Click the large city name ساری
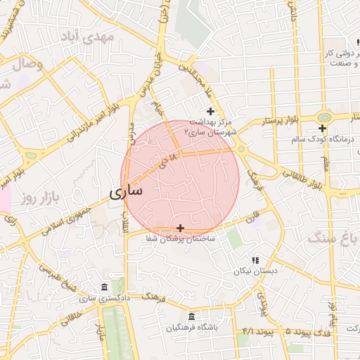coord(126,191)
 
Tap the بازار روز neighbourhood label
coord(37,199)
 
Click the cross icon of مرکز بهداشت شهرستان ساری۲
coord(210,111)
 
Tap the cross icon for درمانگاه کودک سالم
coord(322,128)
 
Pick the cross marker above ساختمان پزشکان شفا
coord(181,228)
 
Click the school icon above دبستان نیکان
coord(255,259)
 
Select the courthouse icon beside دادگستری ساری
coord(105,288)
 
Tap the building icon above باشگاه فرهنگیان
coord(193,317)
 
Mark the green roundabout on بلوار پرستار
coord(324,117)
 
